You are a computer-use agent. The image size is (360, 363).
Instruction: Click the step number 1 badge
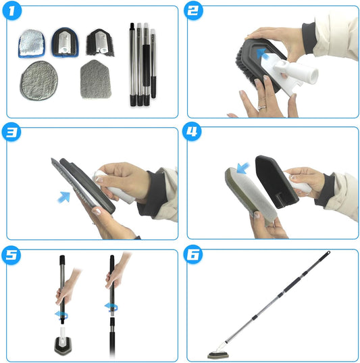[11, 10]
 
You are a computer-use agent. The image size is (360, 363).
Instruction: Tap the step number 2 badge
[193, 10]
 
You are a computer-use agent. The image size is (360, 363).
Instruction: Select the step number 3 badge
[11, 132]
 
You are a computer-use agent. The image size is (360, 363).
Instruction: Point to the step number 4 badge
[192, 131]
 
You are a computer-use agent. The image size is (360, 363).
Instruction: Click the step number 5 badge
[11, 256]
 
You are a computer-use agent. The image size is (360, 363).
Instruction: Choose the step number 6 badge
[193, 254]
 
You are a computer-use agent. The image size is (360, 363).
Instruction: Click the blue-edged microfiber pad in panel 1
[32, 43]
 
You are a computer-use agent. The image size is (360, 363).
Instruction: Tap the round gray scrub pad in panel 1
[39, 80]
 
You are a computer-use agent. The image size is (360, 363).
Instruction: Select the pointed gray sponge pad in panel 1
[95, 79]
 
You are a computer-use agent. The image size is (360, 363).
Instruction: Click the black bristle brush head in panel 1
[100, 43]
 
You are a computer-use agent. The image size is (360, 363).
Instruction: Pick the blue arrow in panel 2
[261, 53]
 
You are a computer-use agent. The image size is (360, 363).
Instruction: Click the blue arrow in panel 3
[63, 197]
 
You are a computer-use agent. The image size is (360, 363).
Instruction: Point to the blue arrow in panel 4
[243, 168]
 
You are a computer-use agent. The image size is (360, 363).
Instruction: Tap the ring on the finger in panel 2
[262, 107]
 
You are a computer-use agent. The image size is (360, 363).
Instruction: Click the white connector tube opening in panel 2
[313, 76]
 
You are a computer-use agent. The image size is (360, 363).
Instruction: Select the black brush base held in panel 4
[276, 182]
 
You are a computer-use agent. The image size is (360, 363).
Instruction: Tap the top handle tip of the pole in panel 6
[328, 252]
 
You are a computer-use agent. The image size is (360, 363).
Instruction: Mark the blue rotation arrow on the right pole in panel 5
[111, 307]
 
